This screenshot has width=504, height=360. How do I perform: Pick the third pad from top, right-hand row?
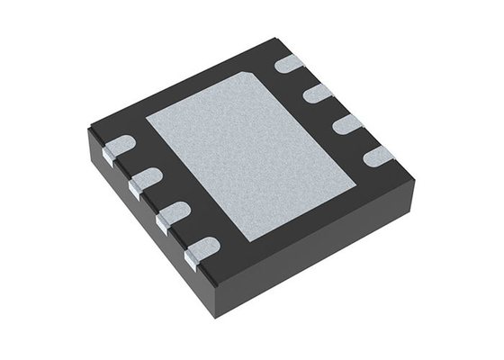[347, 124]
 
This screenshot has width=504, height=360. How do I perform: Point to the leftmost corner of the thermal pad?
[146, 117]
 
